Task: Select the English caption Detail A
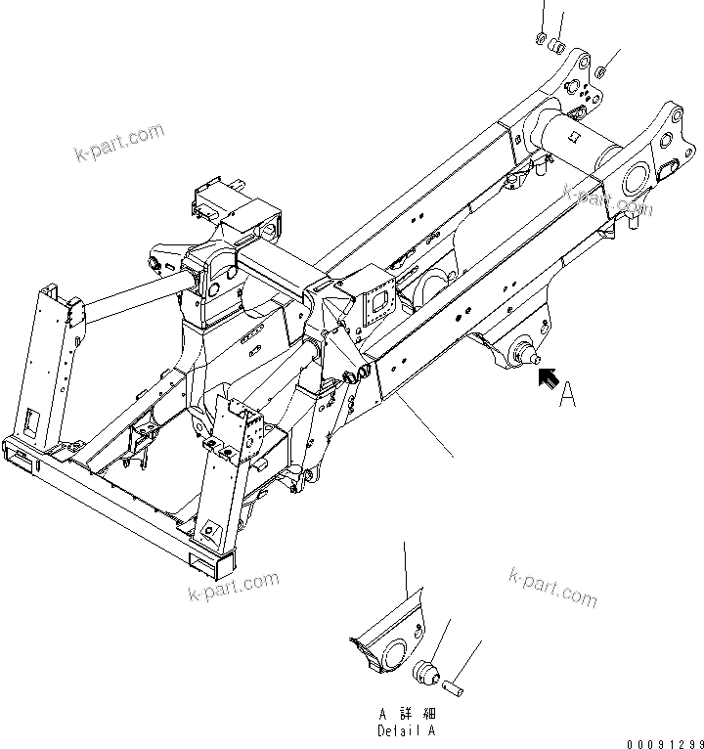406,730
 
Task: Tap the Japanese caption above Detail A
406,715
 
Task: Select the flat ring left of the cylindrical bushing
542,39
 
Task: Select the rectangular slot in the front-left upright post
32,420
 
